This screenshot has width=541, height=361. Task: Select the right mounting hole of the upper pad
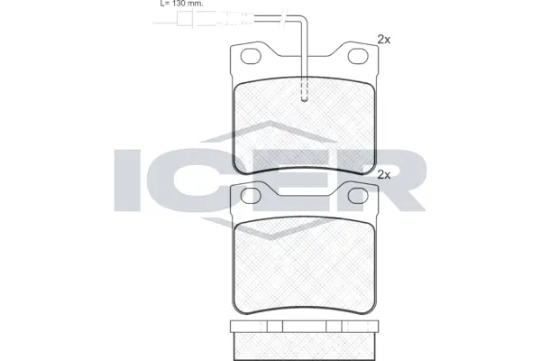(x=360, y=60)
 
